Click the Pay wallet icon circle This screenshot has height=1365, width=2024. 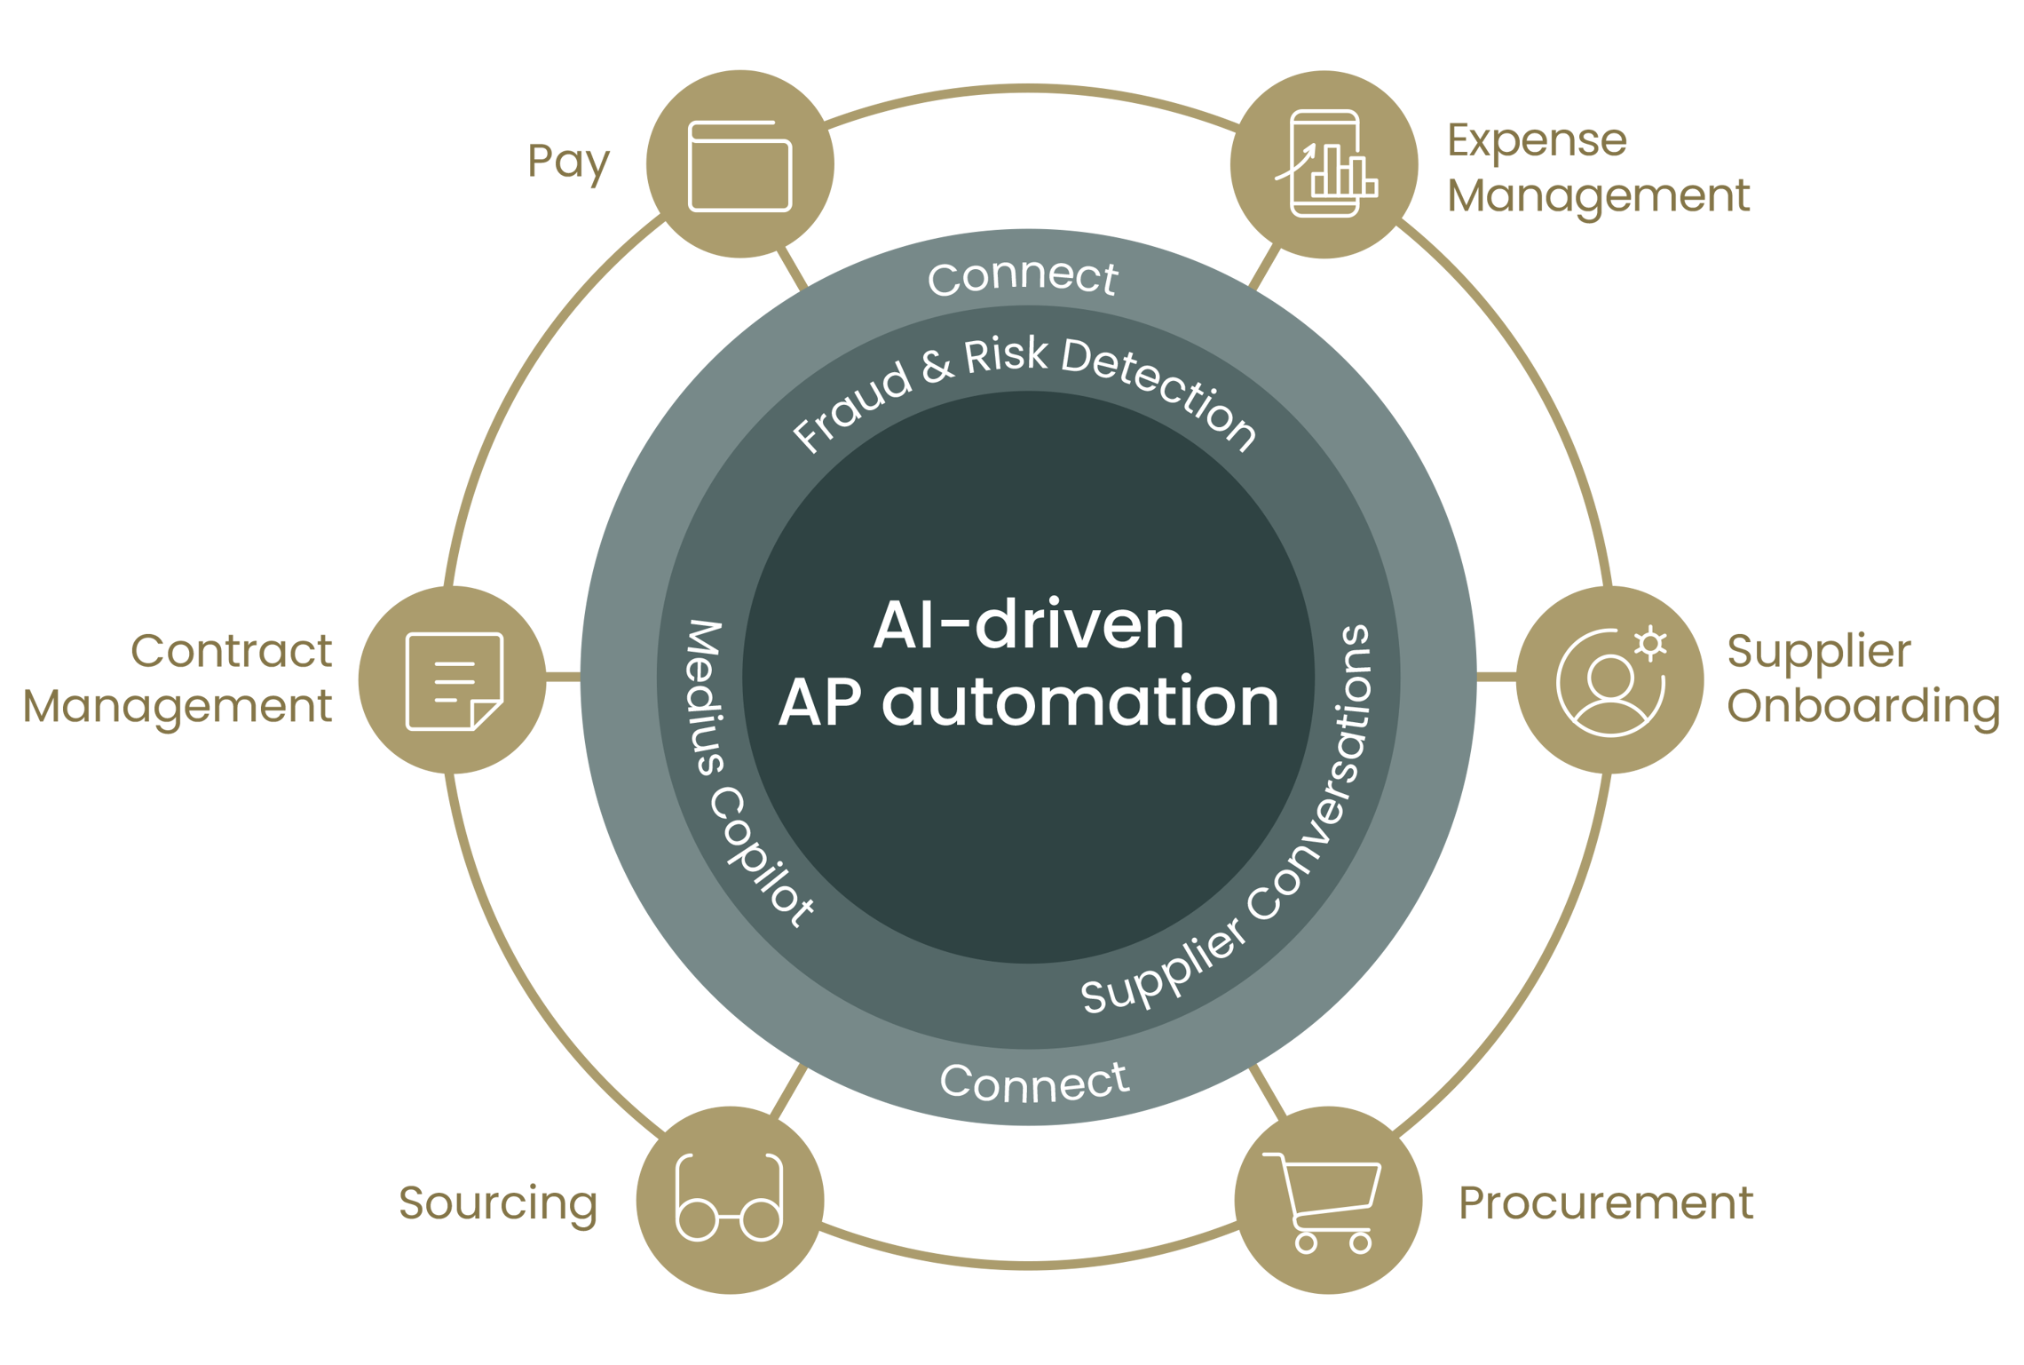point(739,164)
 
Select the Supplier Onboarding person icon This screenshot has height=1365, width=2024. point(1610,681)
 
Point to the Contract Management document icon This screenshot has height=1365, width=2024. point(454,681)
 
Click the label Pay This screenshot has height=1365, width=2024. point(568,163)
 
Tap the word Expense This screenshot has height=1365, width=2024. point(1537,139)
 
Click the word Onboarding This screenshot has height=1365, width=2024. point(1863,707)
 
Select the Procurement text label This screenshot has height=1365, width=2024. point(1606,1203)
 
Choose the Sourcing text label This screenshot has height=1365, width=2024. point(498,1205)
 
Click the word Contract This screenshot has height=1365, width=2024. point(231,650)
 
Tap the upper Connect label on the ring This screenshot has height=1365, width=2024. point(1023,276)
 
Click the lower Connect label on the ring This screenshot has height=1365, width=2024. point(1034,1082)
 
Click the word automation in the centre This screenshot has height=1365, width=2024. point(1079,702)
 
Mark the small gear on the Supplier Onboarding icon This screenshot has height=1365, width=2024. point(1649,644)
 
